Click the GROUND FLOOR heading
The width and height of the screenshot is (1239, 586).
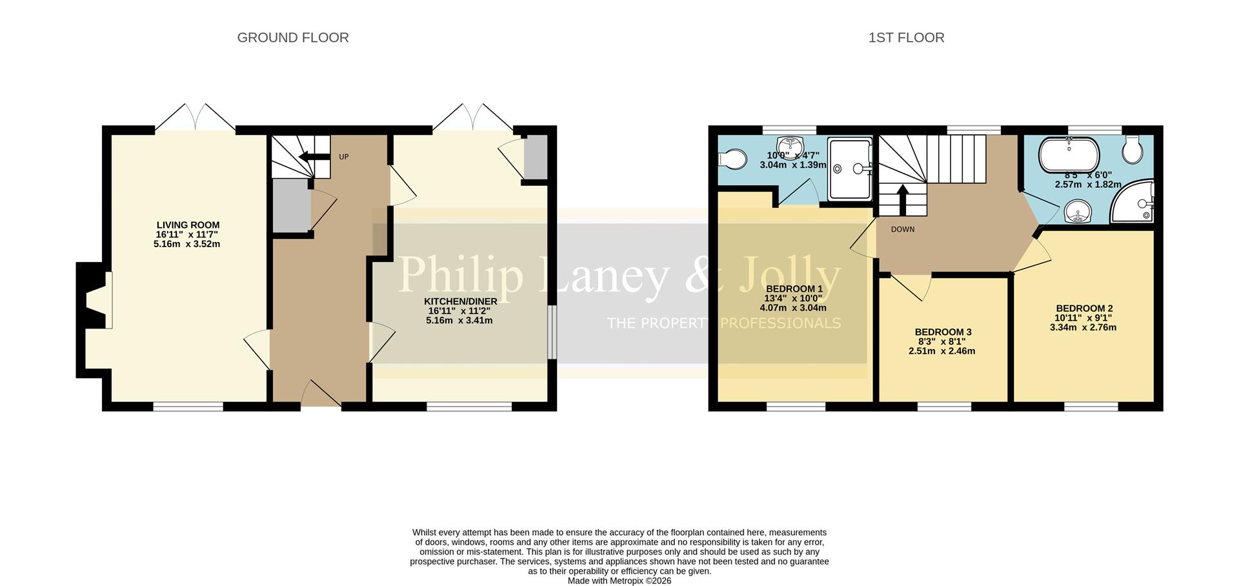pos(293,38)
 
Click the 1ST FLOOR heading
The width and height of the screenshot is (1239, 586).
pos(906,38)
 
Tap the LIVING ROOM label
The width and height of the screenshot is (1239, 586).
pos(187,225)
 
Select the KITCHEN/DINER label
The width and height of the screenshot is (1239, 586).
pos(460,301)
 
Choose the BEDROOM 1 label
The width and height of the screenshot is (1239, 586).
pos(794,288)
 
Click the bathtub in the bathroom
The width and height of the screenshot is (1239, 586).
pos(1068,154)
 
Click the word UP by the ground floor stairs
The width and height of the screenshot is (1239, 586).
pos(344,157)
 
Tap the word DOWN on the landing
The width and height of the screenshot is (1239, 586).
pos(903,229)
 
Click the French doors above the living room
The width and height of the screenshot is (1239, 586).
pos(196,118)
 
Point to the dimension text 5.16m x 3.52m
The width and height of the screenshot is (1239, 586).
pos(187,244)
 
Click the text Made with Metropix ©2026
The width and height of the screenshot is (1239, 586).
pos(619,581)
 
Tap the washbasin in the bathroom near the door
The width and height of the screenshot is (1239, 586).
pos(1077,211)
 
